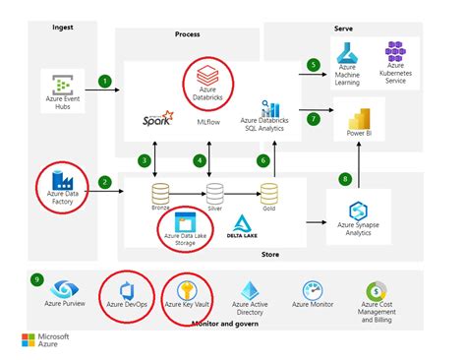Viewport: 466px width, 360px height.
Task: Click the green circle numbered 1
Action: [x=104, y=80]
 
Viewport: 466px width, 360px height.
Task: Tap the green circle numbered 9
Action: [x=36, y=278]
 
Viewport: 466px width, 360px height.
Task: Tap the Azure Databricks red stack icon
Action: [x=207, y=74]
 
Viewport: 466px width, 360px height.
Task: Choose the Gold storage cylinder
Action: [x=268, y=192]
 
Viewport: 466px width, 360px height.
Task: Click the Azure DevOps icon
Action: [x=125, y=292]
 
